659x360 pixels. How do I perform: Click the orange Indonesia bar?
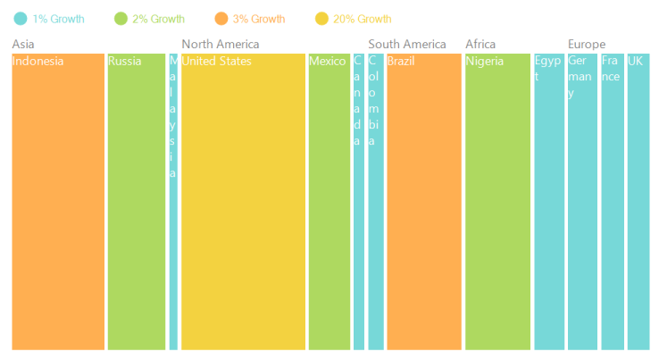tap(58, 202)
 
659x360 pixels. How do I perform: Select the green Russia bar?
tap(137, 202)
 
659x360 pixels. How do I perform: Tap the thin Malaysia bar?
tap(173, 202)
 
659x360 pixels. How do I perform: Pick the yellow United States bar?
tap(244, 202)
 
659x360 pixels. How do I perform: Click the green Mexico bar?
tap(329, 202)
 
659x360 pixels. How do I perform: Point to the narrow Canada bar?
tap(359, 202)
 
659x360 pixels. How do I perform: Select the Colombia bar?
tap(376, 202)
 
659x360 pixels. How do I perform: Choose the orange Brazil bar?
tap(424, 202)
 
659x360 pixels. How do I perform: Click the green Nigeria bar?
tap(497, 202)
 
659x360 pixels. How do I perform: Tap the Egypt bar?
tap(549, 202)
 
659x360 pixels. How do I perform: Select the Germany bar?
tap(582, 202)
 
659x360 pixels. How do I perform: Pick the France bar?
tap(613, 202)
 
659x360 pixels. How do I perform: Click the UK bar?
tap(638, 202)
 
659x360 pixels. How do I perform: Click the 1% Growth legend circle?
tap(21, 19)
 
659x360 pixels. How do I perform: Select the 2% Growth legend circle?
tap(121, 19)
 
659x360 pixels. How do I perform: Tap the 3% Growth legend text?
tap(259, 19)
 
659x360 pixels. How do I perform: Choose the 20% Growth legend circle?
tap(321, 19)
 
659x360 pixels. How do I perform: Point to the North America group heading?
tap(221, 44)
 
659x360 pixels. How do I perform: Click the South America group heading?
tap(407, 44)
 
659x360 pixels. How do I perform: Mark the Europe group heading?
tap(587, 45)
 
